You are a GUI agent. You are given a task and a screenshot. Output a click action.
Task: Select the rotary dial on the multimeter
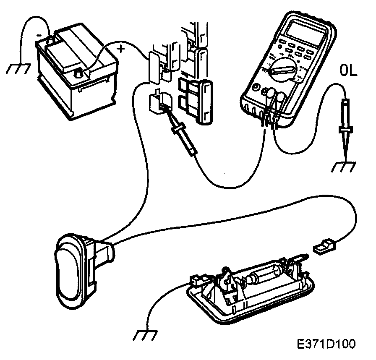(281, 69)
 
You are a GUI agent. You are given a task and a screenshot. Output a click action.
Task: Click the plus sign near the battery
(121, 49)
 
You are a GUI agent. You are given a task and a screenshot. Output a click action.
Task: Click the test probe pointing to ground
(345, 126)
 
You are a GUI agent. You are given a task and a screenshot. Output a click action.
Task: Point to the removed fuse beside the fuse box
(204, 103)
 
